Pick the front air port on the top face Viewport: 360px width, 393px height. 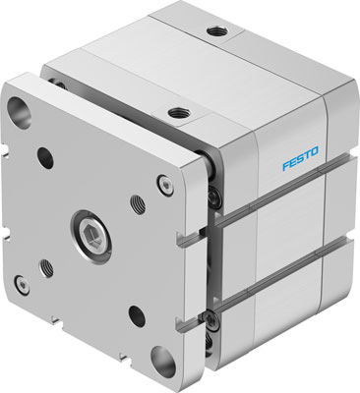177,114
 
